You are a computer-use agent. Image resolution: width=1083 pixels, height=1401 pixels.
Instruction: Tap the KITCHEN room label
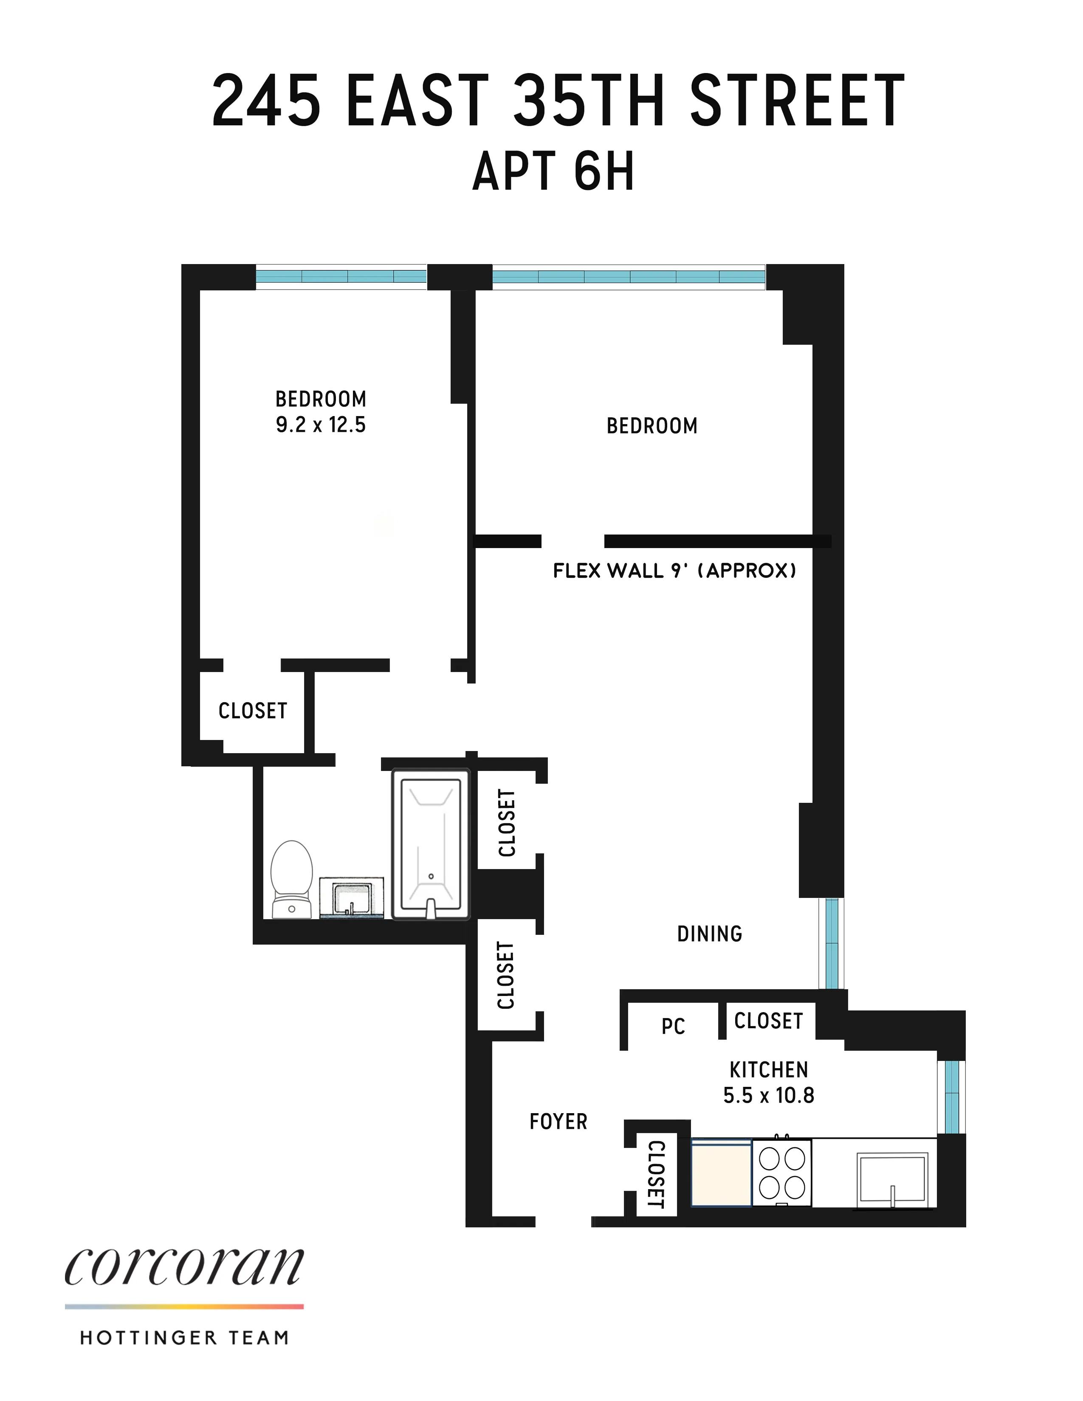pos(769,1070)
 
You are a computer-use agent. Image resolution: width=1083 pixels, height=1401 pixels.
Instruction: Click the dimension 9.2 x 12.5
pos(321,425)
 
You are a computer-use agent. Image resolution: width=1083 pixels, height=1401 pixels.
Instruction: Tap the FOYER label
pos(558,1121)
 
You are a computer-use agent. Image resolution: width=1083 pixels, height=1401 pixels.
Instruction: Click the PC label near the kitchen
pos(673,1027)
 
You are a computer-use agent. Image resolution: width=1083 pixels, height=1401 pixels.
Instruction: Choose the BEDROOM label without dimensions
pos(652,426)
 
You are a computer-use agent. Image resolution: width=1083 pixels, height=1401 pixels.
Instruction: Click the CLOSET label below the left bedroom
pos(253,711)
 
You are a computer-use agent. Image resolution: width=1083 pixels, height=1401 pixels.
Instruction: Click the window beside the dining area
pos(832,943)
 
